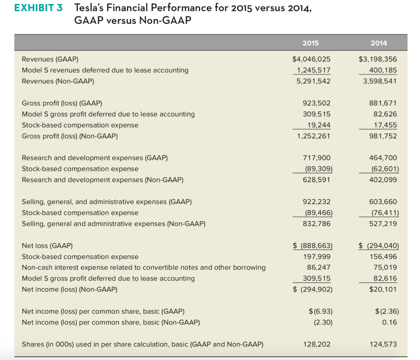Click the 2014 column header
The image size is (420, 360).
(378, 43)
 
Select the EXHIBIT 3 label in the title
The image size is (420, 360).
(38, 8)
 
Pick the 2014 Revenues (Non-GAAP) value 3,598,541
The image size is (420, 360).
(380, 81)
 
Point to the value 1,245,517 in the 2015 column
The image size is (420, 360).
(313, 70)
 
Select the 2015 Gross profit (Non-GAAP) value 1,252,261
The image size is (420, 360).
(313, 136)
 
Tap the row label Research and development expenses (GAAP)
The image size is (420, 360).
(95, 158)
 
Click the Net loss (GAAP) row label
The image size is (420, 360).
(47, 246)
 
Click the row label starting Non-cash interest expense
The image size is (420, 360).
(144, 268)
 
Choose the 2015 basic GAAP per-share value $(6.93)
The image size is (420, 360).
(320, 311)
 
